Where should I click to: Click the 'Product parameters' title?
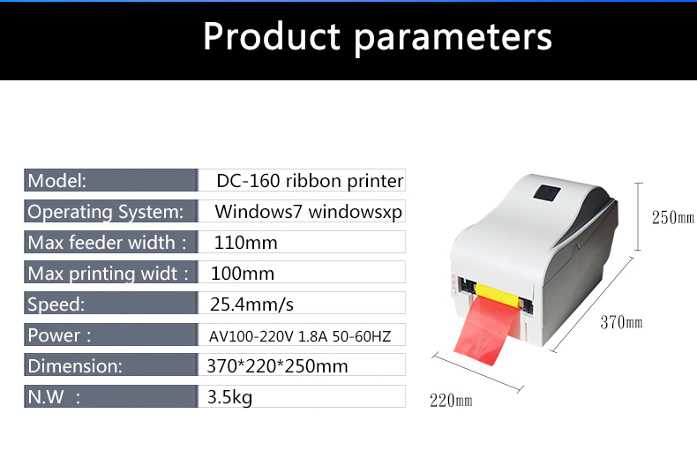(378, 37)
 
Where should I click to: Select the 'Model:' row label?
(56, 181)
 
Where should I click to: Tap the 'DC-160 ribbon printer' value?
(310, 181)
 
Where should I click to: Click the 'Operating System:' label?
(105, 212)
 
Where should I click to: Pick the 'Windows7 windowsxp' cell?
(309, 212)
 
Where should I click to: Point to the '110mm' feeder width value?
(246, 243)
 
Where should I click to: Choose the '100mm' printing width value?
(243, 274)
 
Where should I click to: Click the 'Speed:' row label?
(56, 304)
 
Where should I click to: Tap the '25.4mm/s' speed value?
(251, 304)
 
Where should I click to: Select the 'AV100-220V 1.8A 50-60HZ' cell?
(300, 336)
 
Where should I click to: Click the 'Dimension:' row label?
(75, 366)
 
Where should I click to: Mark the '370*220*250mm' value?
(277, 366)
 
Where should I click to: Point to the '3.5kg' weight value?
(229, 397)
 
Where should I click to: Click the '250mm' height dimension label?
(673, 217)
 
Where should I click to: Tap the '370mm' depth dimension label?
(621, 322)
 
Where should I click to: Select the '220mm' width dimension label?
(451, 401)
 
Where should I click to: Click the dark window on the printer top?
(547, 193)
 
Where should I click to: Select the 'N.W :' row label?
(54, 396)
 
